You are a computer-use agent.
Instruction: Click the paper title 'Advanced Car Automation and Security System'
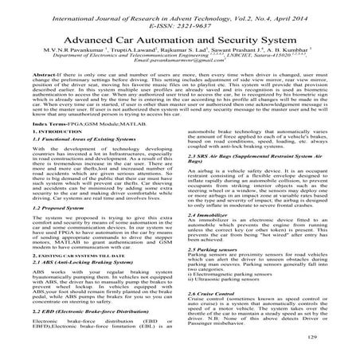click(x=181, y=40)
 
